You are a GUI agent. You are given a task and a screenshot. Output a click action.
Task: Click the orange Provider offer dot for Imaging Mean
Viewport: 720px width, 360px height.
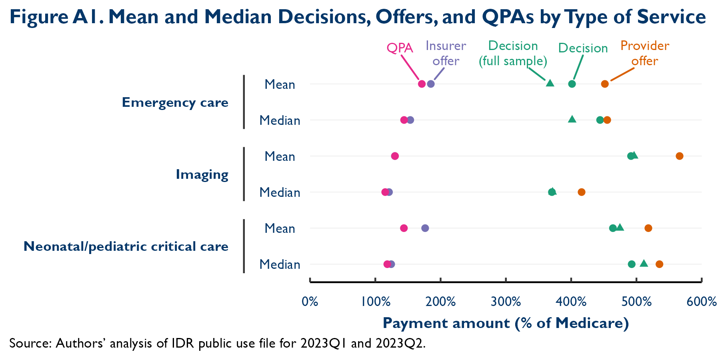679,156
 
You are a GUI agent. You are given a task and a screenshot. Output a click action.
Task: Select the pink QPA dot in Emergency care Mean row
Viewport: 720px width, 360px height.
422,84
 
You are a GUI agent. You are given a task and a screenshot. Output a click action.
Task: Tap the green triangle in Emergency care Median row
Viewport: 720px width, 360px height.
572,119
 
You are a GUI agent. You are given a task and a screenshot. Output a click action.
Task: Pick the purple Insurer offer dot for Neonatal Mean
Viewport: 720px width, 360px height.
425,228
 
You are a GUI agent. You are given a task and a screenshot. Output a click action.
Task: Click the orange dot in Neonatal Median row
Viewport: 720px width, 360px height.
659,264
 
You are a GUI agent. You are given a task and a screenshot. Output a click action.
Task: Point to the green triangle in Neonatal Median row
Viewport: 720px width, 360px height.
644,263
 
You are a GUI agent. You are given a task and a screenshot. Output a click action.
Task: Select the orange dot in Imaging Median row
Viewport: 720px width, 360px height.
581,192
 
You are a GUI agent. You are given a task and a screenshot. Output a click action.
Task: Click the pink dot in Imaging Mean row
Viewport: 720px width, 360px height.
395,156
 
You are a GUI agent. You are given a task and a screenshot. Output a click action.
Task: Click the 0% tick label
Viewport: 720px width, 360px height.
310,301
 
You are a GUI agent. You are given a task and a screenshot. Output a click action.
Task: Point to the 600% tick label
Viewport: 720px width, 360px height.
702,301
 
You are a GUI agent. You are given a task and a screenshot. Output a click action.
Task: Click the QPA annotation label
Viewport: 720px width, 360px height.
400,48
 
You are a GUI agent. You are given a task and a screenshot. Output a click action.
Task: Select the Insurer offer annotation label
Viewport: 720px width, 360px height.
446,53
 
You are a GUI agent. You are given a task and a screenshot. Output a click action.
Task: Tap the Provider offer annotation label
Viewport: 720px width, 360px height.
644,53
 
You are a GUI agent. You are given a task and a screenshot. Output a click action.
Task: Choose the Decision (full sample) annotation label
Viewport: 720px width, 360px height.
513,53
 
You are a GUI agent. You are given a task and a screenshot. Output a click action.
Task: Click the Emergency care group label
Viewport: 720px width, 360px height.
175,102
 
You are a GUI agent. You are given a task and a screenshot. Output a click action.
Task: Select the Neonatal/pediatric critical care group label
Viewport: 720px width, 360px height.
126,246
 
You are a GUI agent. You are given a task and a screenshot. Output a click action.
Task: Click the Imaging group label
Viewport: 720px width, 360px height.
202,174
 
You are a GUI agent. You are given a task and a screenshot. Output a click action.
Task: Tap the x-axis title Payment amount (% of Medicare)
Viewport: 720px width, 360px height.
506,323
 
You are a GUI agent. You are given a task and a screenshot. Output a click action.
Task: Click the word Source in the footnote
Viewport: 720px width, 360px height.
29,343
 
